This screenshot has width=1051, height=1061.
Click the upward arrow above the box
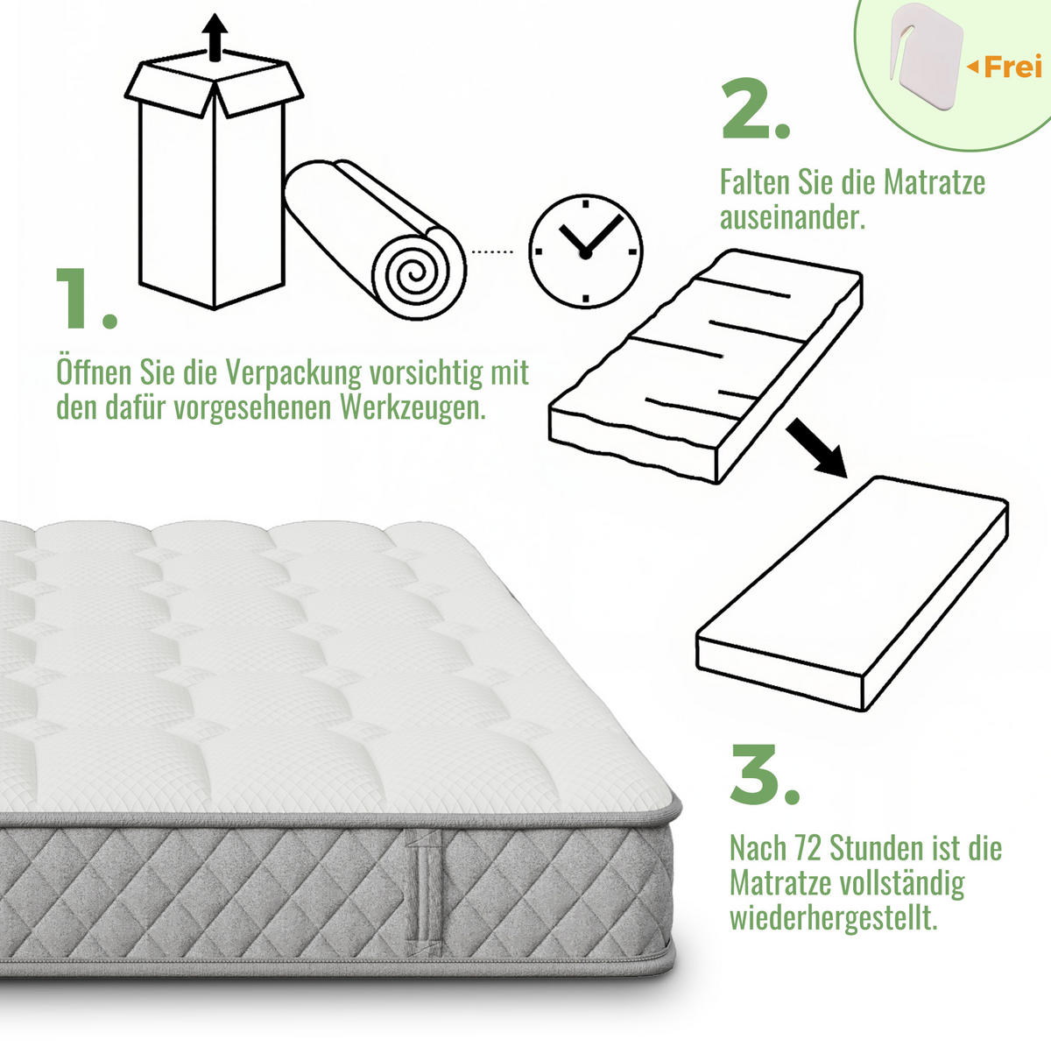tap(215, 38)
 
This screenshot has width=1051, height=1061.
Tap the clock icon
tap(585, 251)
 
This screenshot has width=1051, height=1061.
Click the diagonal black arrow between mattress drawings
tap(816, 447)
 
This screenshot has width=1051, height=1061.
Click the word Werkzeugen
tap(413, 407)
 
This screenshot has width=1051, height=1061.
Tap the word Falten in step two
tap(755, 181)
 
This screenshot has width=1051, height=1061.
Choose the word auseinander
tap(793, 217)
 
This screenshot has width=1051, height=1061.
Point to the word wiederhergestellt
tap(834, 918)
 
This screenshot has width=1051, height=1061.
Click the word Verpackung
tap(293, 373)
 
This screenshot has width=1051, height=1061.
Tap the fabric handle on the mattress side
tap(424, 891)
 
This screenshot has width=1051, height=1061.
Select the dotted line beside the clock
tap(493, 251)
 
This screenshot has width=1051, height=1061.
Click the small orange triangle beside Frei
tap(972, 67)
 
